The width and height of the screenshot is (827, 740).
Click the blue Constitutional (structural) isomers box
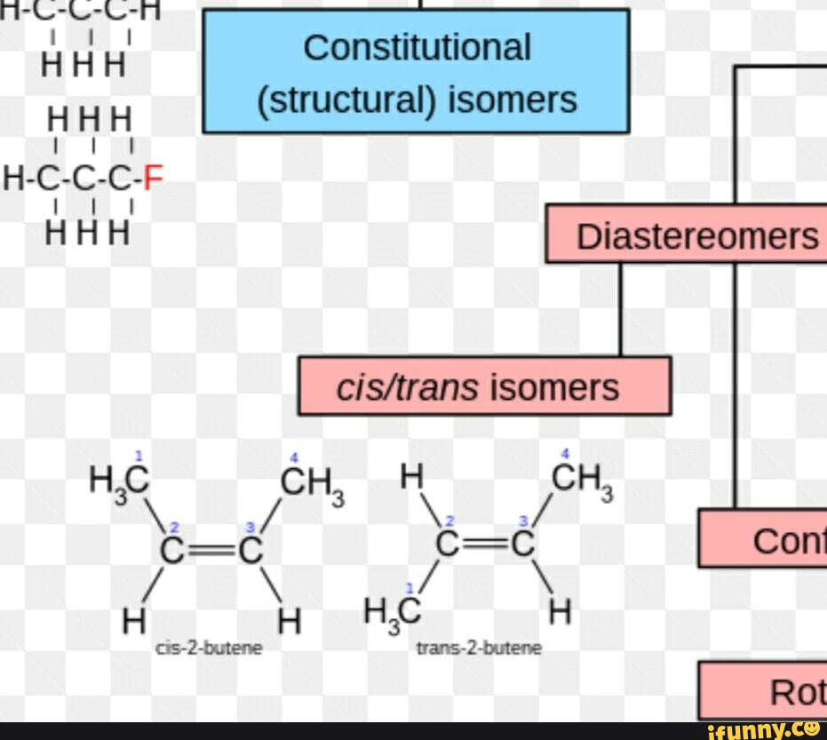(x=416, y=71)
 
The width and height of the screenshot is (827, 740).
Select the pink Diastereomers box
(x=686, y=235)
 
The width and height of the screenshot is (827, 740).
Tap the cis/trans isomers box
(x=484, y=386)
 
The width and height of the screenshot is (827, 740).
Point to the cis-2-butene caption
(x=209, y=648)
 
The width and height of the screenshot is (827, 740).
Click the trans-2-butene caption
(x=479, y=648)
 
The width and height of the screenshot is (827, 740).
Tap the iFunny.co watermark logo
(x=764, y=730)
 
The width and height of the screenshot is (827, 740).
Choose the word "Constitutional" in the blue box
(x=417, y=47)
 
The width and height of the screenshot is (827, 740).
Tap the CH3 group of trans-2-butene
(x=583, y=481)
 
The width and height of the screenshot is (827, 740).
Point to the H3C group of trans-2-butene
(x=392, y=611)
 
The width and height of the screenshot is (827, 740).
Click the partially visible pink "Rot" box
(x=764, y=690)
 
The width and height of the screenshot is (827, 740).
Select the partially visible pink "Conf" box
(x=764, y=539)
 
